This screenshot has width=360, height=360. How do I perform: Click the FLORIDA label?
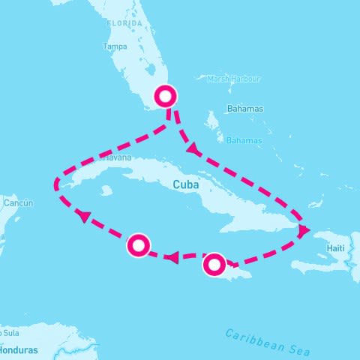click(125, 23)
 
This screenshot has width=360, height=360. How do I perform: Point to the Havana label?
click(115, 157)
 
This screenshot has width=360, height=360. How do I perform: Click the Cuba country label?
click(185, 184)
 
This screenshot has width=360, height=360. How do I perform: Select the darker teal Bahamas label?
click(245, 109)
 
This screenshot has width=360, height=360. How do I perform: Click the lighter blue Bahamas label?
click(244, 140)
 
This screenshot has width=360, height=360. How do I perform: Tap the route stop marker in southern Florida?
click(165, 96)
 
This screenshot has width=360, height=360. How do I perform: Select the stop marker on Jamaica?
click(214, 263)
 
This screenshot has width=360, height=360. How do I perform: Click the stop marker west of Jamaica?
click(139, 244)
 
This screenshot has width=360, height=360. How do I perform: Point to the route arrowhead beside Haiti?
click(303, 231)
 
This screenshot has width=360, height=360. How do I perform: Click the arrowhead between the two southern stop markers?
click(171, 259)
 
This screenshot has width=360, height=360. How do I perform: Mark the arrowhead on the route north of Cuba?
click(193, 149)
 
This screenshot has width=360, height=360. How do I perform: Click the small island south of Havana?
click(106, 190)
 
